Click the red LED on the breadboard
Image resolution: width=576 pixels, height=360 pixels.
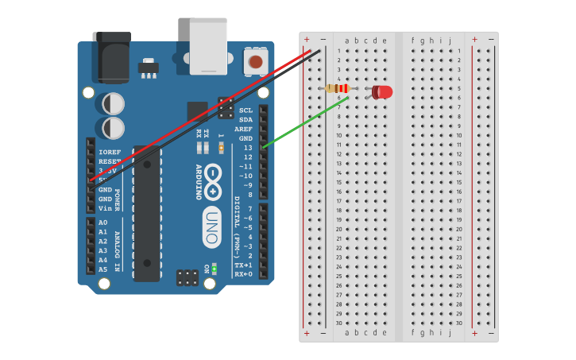[383, 92]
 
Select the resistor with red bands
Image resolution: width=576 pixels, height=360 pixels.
[339, 88]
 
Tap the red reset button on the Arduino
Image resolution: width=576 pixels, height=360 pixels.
[255, 62]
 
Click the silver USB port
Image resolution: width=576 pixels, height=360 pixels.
[208, 46]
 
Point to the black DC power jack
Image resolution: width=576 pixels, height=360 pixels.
[110, 57]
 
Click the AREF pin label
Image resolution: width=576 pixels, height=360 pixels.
[243, 129]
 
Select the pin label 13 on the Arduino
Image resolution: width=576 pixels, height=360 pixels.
[248, 148]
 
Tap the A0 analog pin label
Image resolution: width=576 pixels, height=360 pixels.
[102, 223]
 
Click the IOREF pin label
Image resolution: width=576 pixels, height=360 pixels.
[110, 151]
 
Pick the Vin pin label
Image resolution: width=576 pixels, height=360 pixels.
[104, 207]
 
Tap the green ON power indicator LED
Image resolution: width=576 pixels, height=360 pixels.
[214, 268]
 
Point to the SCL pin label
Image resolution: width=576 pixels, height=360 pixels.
[245, 110]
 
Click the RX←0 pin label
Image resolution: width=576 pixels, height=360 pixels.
[243, 274]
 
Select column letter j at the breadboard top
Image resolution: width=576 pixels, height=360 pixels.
[450, 41]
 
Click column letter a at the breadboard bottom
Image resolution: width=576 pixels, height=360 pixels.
[346, 332]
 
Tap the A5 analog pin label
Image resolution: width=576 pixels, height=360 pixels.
[102, 269]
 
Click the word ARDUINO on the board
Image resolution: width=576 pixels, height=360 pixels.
[199, 182]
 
